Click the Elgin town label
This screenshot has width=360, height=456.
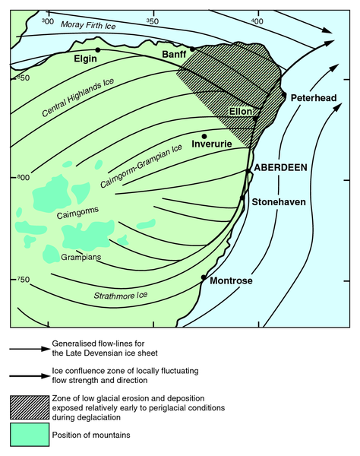(x=87, y=59)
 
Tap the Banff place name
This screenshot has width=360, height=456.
(x=175, y=56)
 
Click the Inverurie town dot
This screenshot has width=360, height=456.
(x=204, y=136)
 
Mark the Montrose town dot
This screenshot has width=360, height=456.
(x=204, y=278)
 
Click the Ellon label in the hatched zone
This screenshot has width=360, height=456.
(x=239, y=112)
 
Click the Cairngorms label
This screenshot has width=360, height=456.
(x=77, y=214)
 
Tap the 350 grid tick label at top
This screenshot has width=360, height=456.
(x=151, y=22)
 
